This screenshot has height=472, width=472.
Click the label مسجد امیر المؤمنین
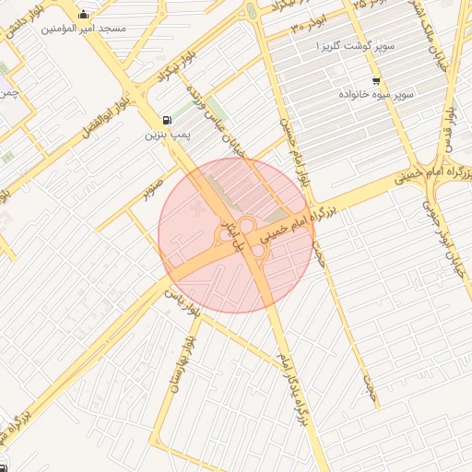click(x=83, y=29)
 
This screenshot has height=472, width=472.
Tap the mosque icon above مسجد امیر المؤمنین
click(x=85, y=14)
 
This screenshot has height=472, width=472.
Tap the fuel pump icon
click(x=166, y=119)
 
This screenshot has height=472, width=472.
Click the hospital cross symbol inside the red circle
click(x=195, y=211)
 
